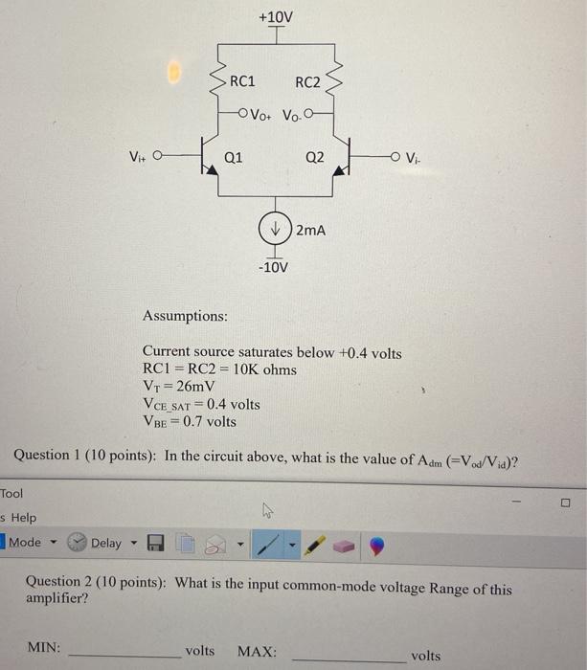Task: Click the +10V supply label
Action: (x=275, y=17)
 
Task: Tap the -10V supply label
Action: (x=274, y=267)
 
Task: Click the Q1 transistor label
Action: (x=233, y=157)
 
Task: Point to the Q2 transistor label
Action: (x=314, y=157)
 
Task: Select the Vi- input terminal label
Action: (x=413, y=157)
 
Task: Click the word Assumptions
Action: (x=185, y=315)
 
